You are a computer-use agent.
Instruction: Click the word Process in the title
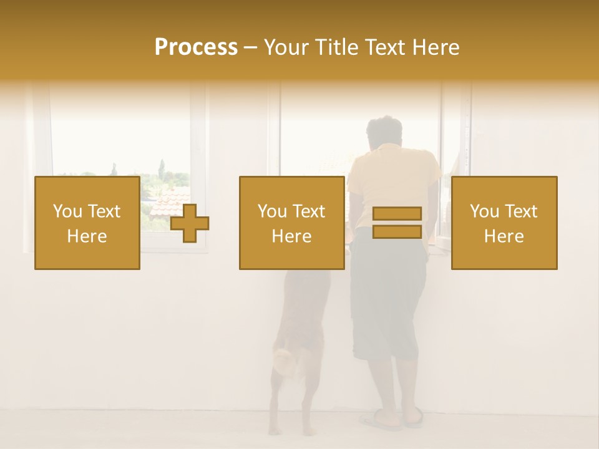[x=196, y=47]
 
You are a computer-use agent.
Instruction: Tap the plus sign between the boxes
[x=190, y=223]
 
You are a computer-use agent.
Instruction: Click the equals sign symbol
[x=397, y=223]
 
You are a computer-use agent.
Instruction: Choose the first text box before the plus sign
[x=87, y=223]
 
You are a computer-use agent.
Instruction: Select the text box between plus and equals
[x=292, y=223]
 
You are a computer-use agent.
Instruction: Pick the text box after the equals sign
[x=504, y=223]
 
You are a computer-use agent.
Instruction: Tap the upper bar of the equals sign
[x=397, y=214]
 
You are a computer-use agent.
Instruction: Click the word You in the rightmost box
[x=484, y=211]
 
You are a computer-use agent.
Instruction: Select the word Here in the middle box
[x=292, y=236]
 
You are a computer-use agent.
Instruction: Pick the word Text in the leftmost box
[x=104, y=211]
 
